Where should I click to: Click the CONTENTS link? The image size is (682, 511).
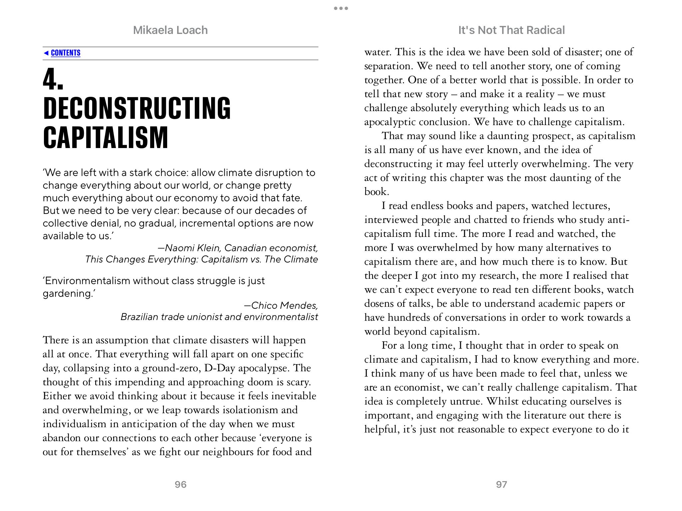tap(65, 53)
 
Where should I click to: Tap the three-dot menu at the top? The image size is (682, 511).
tap(341, 8)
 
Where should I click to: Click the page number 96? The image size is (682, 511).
tap(180, 484)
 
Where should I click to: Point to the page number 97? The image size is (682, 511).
tap(501, 484)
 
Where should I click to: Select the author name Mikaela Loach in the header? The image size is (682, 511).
tap(170, 30)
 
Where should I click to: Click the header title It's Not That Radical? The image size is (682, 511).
tap(511, 30)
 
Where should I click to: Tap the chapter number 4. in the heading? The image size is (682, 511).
tap(53, 80)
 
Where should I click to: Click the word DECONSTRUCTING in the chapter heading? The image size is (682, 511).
tap(137, 108)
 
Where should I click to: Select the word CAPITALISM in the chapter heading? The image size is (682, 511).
tap(106, 138)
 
